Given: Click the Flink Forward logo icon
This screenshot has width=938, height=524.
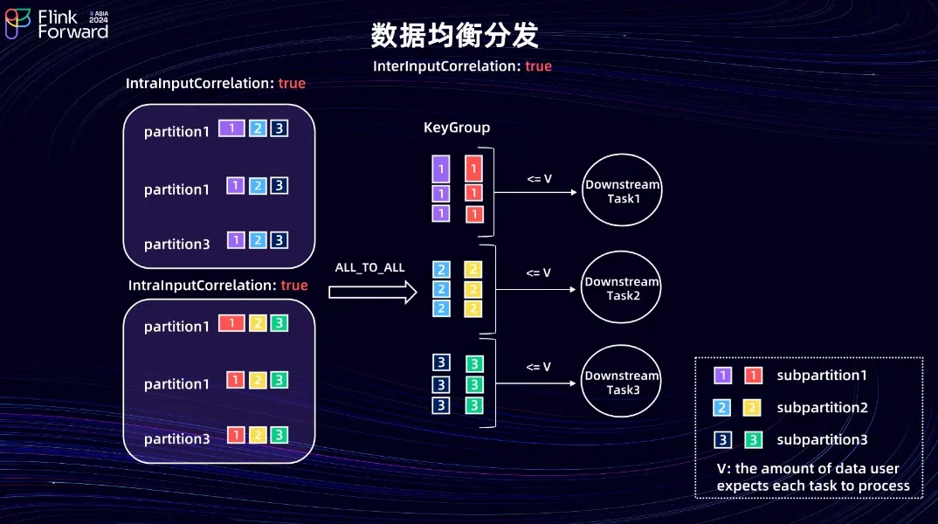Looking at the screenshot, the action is click(x=17, y=24).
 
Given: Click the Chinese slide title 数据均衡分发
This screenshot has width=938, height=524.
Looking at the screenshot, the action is click(x=455, y=35).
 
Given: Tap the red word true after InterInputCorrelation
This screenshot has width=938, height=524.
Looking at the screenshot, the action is click(x=538, y=65).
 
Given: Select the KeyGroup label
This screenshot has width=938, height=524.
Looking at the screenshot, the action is click(x=457, y=128).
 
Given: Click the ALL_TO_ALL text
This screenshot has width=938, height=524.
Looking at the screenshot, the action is click(x=369, y=267).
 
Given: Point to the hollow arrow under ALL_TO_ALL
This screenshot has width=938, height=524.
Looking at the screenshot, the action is click(x=373, y=292).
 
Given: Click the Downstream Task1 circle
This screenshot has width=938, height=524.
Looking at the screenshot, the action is click(x=622, y=190).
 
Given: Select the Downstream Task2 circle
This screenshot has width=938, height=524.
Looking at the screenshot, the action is click(x=622, y=287).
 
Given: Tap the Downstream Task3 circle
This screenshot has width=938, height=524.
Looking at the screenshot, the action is click(x=622, y=381).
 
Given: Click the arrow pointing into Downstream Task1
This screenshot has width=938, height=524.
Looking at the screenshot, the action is click(x=535, y=193).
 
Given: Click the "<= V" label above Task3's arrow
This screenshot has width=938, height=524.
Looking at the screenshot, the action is click(x=538, y=367).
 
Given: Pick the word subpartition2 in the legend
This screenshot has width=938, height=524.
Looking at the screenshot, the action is click(x=822, y=407).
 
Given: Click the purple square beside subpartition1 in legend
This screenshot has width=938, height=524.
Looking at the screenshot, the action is click(x=722, y=376).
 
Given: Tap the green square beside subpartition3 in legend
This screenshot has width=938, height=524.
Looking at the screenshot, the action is click(x=753, y=440).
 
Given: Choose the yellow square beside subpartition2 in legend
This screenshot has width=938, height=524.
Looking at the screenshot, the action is click(x=752, y=408).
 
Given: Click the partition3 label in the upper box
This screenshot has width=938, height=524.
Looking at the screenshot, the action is click(x=177, y=244).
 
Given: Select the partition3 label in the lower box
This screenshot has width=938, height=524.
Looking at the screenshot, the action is click(x=177, y=438).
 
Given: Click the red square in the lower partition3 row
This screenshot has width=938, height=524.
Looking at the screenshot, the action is click(x=236, y=435).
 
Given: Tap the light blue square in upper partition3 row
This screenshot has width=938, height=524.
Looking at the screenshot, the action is click(x=258, y=240).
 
